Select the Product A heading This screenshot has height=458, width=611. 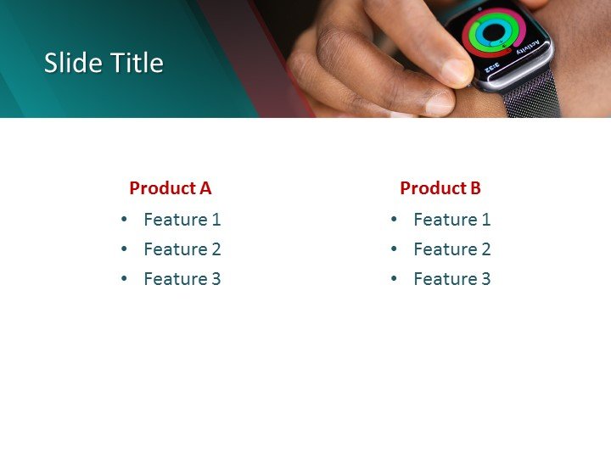point(170,188)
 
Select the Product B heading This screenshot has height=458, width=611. point(440,188)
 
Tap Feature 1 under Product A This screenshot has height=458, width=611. point(182,220)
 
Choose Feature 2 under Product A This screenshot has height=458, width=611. point(182,249)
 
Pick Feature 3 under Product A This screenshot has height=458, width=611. point(182,279)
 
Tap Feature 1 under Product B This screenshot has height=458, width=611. point(451,220)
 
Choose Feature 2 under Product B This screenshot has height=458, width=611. point(451,249)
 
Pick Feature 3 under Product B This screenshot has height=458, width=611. point(451,279)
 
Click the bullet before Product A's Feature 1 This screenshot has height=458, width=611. point(125,220)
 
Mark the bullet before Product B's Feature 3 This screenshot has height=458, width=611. point(395,279)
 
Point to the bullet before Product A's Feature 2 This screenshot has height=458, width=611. point(125,249)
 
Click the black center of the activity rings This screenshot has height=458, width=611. point(493,32)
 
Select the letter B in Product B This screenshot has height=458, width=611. point(475,188)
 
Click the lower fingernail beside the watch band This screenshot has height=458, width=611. point(440,103)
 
